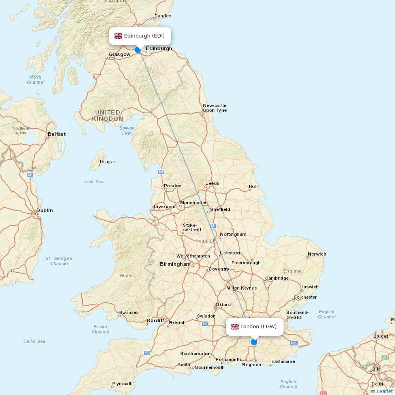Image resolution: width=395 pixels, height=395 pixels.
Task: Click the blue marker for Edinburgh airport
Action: coord(137,50)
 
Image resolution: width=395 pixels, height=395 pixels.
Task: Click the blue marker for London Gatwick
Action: coord(254,342)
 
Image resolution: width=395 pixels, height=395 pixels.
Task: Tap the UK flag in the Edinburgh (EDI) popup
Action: coord(118,36)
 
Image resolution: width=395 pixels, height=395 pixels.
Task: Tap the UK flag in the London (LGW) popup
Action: coord(235,327)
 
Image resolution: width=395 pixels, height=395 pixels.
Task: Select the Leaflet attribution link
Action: coord(384,391)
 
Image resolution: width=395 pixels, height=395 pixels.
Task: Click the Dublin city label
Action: coord(44,211)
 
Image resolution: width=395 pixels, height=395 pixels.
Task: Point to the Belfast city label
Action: coord(56,134)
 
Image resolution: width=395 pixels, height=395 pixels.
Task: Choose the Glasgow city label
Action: coord(119,55)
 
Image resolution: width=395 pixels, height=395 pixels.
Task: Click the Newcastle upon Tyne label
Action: coord(214,108)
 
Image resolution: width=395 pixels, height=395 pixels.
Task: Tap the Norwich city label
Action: coord(317,254)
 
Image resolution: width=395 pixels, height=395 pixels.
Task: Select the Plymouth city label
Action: coord(122,384)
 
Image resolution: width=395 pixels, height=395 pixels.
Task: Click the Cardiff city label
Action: coord(155,321)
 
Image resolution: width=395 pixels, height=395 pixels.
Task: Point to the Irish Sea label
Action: coord(94,182)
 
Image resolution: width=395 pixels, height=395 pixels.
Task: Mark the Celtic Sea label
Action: coord(34,341)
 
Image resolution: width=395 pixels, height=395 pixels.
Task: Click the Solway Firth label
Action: coord(127,130)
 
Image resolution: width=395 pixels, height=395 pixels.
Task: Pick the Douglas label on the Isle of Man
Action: coord(107,162)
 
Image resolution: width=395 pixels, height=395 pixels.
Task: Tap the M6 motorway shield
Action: coord(161,172)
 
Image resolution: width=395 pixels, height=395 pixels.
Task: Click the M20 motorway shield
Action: coord(293,343)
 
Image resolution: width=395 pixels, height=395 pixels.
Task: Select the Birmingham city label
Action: coord(175,264)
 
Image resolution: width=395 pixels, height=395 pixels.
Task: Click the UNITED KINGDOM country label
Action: coord(107,116)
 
